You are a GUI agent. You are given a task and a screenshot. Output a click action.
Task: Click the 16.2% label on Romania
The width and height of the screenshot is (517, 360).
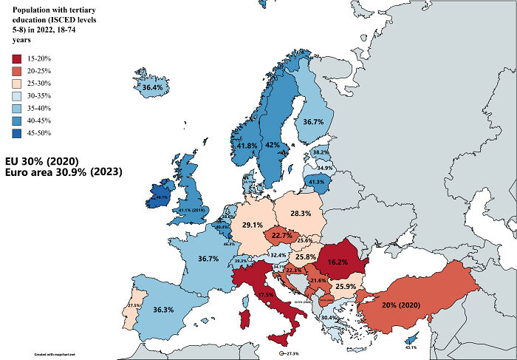(337, 262)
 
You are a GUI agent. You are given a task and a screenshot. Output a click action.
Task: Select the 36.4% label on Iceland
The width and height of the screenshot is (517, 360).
(152, 88)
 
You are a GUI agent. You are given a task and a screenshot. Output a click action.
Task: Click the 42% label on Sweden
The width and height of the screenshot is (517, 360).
(273, 146)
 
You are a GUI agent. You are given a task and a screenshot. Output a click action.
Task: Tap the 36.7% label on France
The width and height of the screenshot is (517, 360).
(209, 259)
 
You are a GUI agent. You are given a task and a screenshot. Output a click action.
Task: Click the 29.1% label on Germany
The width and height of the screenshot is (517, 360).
(253, 225)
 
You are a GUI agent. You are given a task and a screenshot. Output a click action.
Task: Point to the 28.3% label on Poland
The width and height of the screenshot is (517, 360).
(301, 213)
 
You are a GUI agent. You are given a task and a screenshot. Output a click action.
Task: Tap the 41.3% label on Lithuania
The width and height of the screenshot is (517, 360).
(316, 182)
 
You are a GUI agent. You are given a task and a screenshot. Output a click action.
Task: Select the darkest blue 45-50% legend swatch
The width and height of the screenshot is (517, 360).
(16, 134)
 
